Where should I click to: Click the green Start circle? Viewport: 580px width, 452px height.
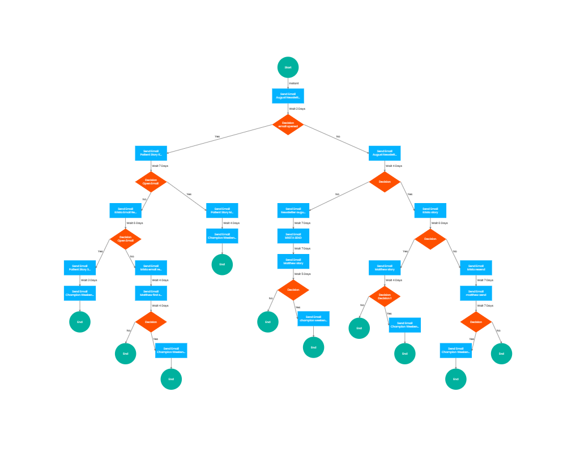tap(288, 67)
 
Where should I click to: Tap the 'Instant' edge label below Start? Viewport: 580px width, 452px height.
tap(294, 83)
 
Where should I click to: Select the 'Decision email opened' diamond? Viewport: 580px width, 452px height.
tap(288, 124)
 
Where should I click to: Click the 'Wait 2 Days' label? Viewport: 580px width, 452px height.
tap(297, 109)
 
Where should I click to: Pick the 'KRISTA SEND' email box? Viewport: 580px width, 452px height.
tap(293, 236)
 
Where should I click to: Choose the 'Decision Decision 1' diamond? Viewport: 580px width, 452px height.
tap(385, 296)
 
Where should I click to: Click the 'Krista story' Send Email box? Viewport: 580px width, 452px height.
tap(430, 210)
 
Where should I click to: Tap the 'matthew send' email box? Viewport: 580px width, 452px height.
tap(476, 293)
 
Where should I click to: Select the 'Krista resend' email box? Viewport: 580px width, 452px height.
tap(476, 268)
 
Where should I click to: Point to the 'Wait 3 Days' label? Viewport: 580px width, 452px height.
tap(89, 280)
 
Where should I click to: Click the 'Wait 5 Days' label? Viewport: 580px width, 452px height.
tap(302, 274)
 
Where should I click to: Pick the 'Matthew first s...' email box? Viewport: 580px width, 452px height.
tap(151, 293)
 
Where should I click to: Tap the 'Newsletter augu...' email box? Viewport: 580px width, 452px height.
tap(293, 210)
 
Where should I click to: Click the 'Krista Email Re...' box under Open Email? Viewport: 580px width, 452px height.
tap(125, 210)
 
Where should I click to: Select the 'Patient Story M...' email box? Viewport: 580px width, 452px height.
tap(222, 210)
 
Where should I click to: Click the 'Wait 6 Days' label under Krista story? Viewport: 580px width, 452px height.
tap(440, 223)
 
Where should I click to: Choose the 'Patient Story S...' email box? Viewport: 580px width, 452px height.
tap(80, 268)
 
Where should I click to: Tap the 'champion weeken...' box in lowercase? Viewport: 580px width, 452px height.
tap(313, 318)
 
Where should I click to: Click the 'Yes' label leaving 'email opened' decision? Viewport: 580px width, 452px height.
tap(217, 136)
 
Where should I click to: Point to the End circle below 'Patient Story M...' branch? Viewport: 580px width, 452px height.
tap(222, 264)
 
